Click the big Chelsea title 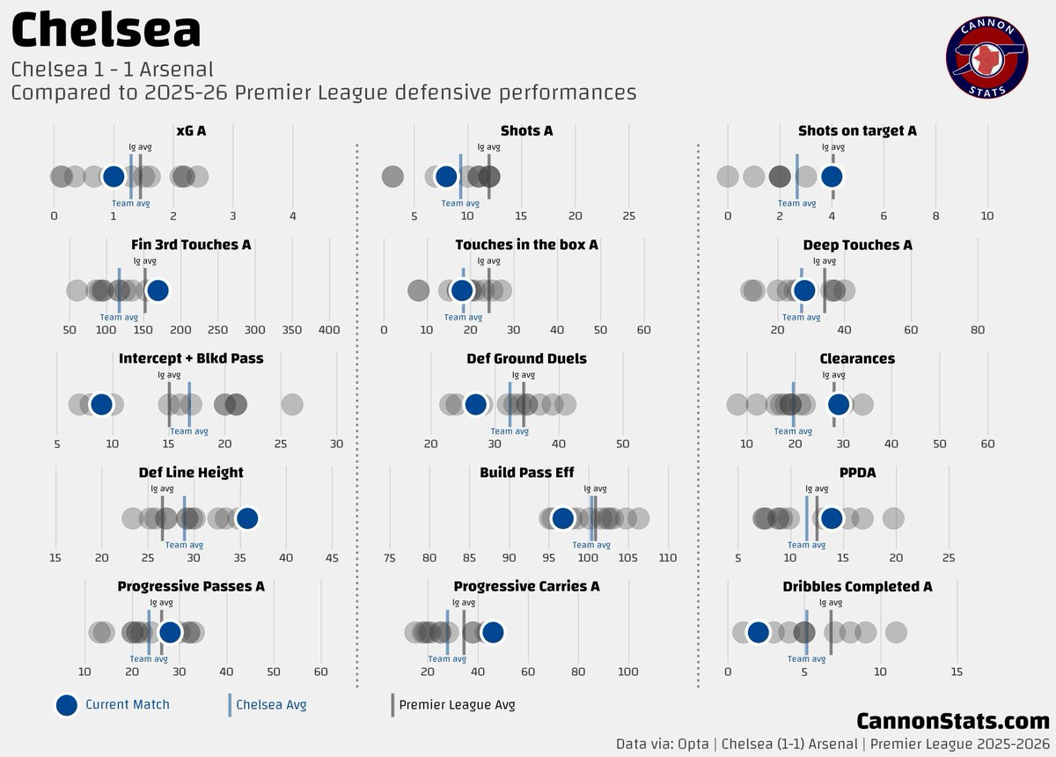(106, 31)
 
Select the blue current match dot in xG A (114, 176)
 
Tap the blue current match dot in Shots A (446, 176)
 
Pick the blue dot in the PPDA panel (831, 518)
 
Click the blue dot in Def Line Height (247, 518)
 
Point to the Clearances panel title (857, 358)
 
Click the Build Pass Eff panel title (526, 473)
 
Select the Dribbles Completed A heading (857, 586)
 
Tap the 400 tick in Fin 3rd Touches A (328, 329)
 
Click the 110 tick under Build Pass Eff (668, 557)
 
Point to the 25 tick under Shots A (628, 216)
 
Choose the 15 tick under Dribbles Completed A (957, 672)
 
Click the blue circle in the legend (66, 704)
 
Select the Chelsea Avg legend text (271, 704)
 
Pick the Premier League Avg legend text (457, 704)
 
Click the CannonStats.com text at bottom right (953, 721)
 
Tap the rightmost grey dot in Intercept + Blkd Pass (292, 404)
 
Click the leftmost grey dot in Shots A (392, 176)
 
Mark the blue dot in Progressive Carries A (492, 632)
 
